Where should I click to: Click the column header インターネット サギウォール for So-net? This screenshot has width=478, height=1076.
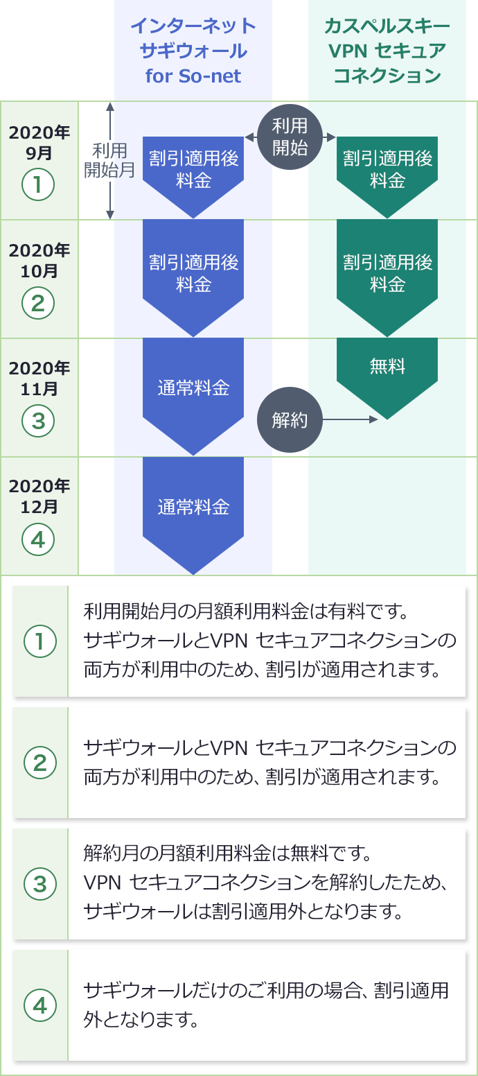[x=193, y=51]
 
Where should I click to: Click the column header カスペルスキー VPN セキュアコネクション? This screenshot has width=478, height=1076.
[x=387, y=51]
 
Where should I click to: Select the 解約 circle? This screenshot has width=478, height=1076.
[x=290, y=420]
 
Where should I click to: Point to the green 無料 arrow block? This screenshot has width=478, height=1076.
[x=387, y=371]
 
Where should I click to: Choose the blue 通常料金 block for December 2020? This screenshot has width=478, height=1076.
[x=193, y=510]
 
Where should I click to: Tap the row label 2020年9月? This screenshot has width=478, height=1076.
[x=39, y=142]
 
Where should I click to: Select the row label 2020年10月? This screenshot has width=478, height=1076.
[x=39, y=260]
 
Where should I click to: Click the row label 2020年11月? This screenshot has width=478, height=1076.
[x=39, y=378]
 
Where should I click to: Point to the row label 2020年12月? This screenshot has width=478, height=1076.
[x=39, y=496]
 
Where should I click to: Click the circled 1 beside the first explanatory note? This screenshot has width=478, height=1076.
[x=39, y=642]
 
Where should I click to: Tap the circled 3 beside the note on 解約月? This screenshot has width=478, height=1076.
[x=39, y=883]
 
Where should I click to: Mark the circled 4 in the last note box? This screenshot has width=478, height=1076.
[x=39, y=1005]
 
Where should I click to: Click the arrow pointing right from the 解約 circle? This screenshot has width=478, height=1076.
[x=351, y=419]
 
